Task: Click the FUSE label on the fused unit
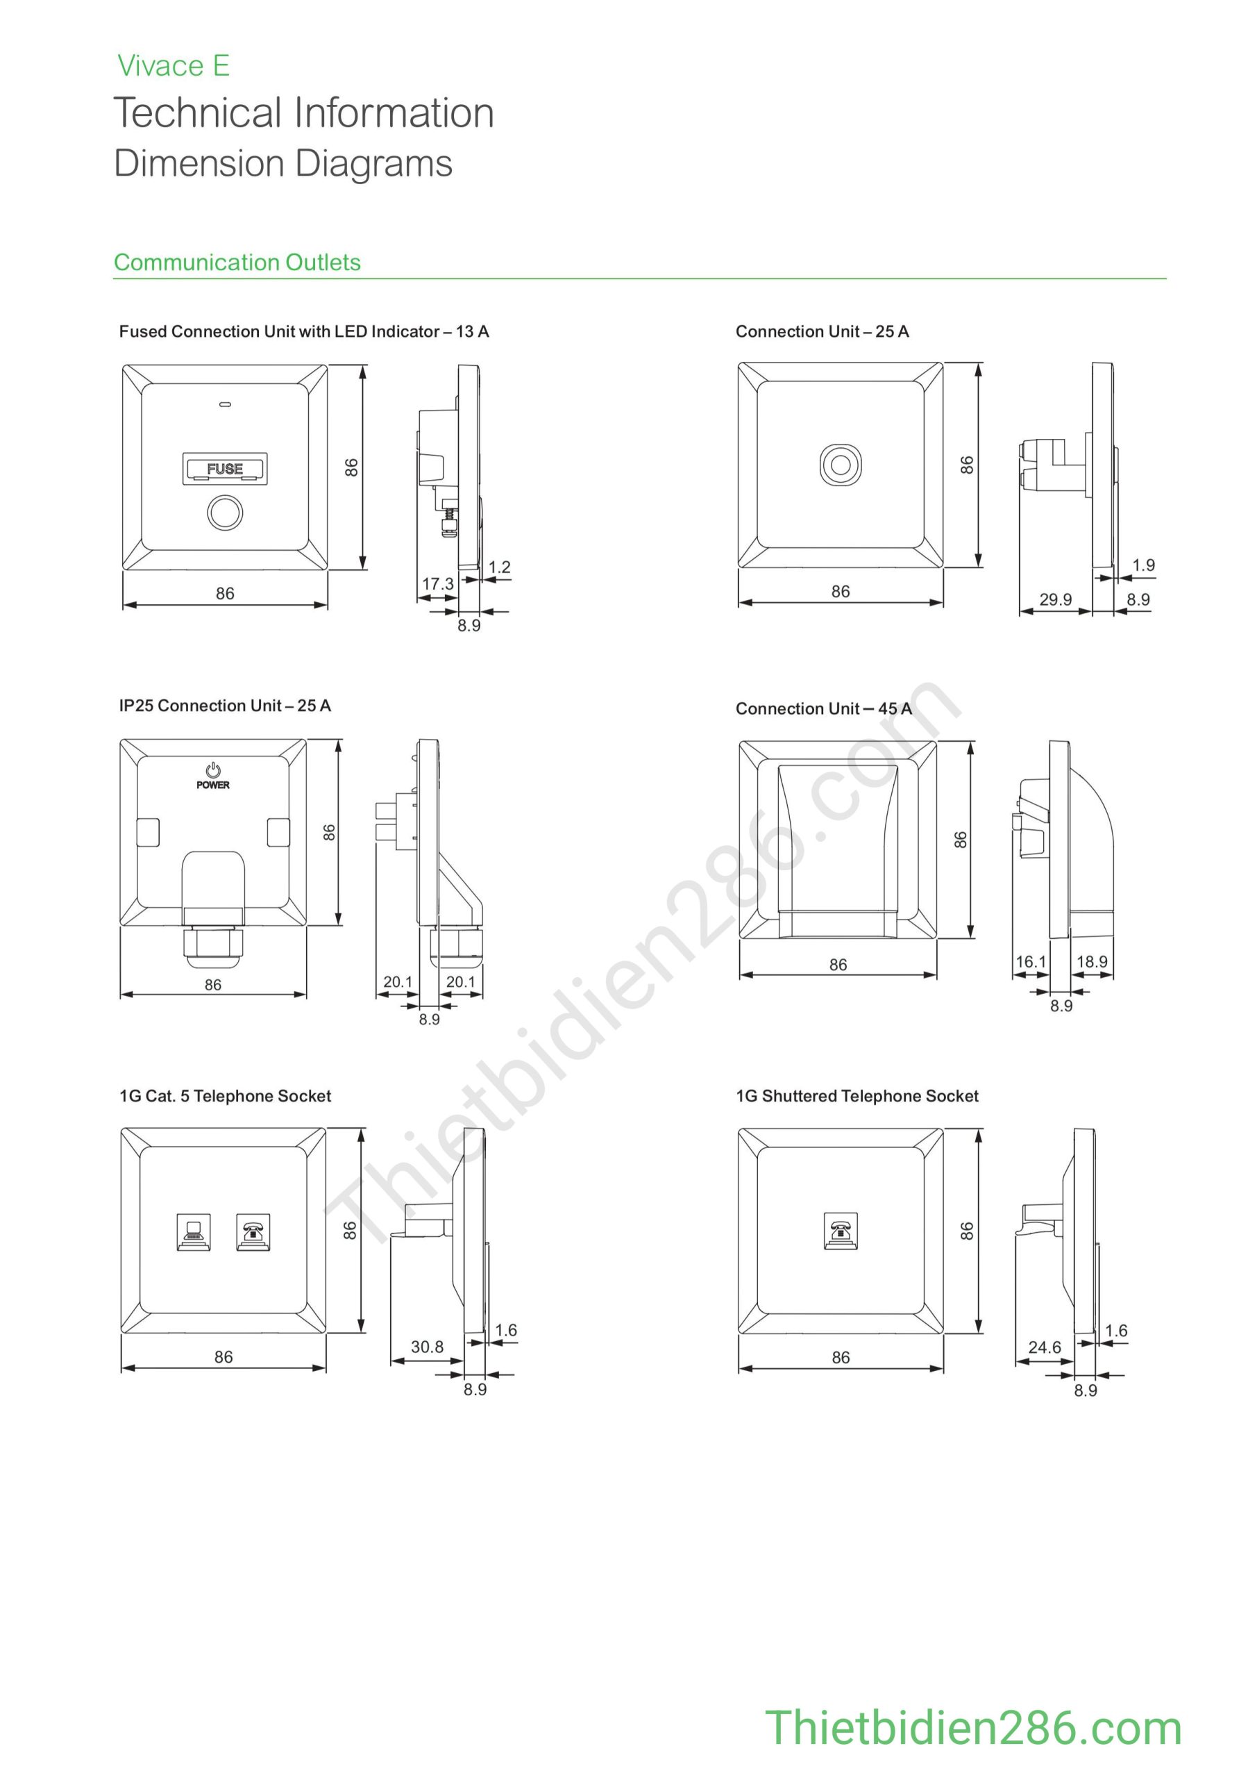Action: [224, 469]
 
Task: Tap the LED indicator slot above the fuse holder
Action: [224, 404]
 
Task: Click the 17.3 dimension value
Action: [437, 584]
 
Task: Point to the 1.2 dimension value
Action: [499, 567]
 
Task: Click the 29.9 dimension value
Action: [1055, 599]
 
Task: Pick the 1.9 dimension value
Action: [1143, 565]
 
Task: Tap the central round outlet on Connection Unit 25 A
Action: [841, 465]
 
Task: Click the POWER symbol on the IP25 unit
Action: [213, 775]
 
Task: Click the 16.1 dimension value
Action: [1030, 962]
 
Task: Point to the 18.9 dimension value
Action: [1091, 962]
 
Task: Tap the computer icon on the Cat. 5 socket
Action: [193, 1231]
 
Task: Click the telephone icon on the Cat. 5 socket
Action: [253, 1231]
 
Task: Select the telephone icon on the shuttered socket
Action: [840, 1231]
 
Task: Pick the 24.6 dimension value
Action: [1044, 1347]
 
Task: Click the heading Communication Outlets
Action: [237, 263]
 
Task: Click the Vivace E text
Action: [174, 66]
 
